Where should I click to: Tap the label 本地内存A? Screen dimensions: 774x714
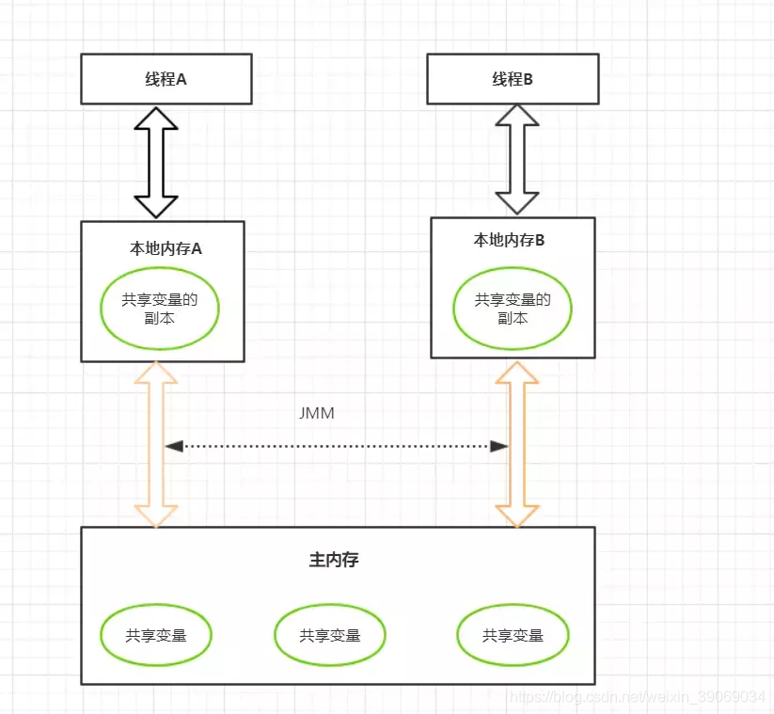[x=166, y=248]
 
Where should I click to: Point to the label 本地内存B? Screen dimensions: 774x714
[x=509, y=240]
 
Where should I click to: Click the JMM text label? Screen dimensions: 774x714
[x=317, y=413]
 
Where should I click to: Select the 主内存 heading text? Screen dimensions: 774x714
[x=334, y=560]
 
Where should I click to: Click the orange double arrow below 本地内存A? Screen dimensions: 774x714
[x=150, y=444]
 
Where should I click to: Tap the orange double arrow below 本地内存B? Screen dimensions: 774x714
[x=511, y=444]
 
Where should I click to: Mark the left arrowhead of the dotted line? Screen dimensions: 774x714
[x=174, y=447]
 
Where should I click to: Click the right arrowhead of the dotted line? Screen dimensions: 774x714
[x=499, y=447]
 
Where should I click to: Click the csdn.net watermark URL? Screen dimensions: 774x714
[x=638, y=697]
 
